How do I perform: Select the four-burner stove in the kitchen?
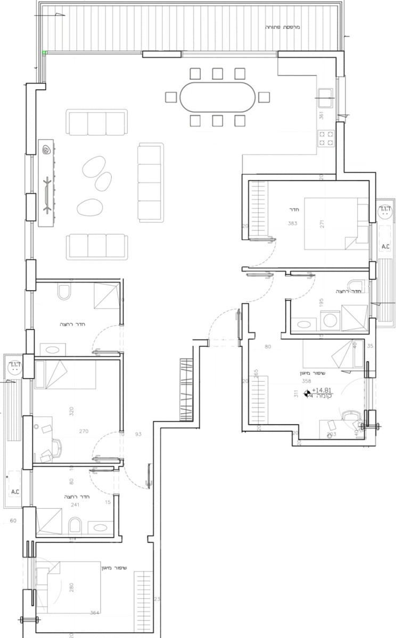point(326,139)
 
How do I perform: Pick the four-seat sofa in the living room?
point(149,181)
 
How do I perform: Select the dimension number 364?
point(94,613)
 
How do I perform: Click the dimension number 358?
point(306,381)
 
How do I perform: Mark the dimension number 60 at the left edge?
point(13,522)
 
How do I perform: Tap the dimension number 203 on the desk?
point(331,434)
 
